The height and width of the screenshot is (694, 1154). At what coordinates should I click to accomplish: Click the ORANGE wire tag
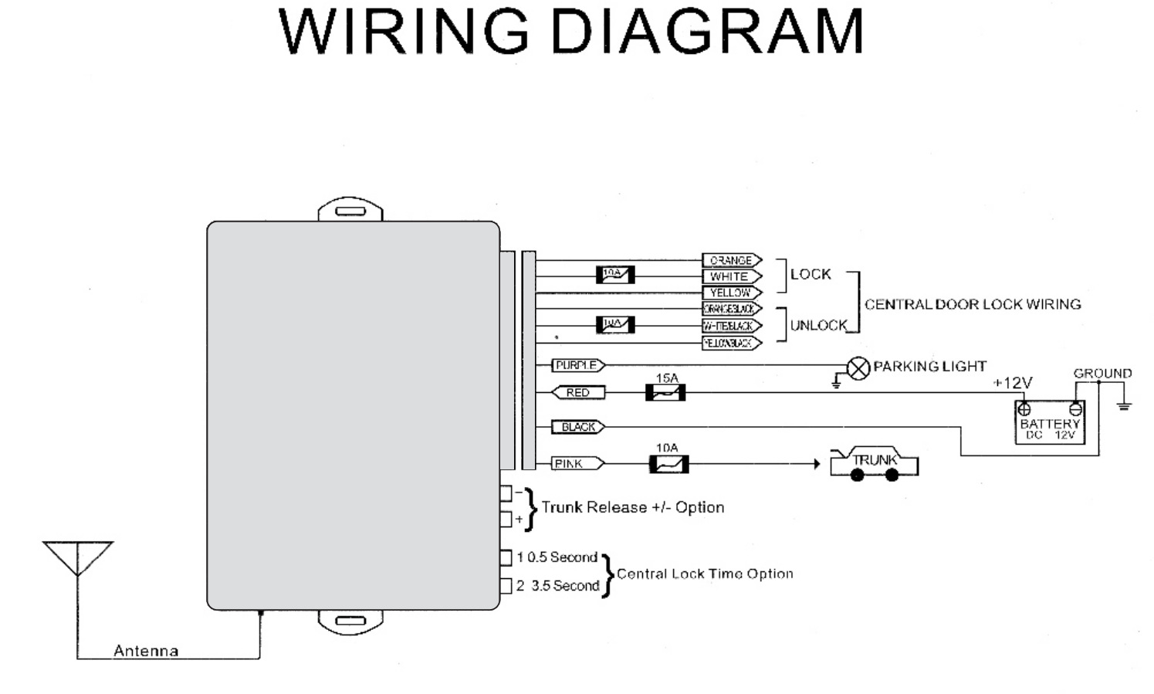731,261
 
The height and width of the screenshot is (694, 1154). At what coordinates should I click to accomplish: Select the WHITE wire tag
731,276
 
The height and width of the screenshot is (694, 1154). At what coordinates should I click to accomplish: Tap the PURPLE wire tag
578,365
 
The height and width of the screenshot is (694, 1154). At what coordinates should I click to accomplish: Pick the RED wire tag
578,393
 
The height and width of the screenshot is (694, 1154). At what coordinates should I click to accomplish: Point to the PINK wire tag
578,463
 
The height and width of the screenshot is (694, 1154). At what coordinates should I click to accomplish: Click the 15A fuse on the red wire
665,393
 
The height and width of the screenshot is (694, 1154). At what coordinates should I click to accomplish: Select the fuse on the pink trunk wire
668,464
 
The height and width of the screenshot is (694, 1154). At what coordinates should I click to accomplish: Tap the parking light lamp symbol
858,368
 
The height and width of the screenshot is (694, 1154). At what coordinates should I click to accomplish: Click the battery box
1049,423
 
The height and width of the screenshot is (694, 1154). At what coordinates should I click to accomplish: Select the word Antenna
146,651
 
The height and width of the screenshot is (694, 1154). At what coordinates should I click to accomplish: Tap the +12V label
1012,383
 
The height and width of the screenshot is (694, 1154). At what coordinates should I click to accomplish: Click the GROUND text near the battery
1102,374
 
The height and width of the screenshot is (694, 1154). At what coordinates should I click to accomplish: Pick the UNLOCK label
818,326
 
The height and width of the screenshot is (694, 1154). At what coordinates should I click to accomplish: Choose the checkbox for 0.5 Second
506,557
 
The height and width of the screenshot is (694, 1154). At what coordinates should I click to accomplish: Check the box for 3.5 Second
506,586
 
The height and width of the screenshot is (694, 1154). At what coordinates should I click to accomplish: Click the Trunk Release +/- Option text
633,507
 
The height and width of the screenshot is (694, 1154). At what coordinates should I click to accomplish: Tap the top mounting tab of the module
350,210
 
